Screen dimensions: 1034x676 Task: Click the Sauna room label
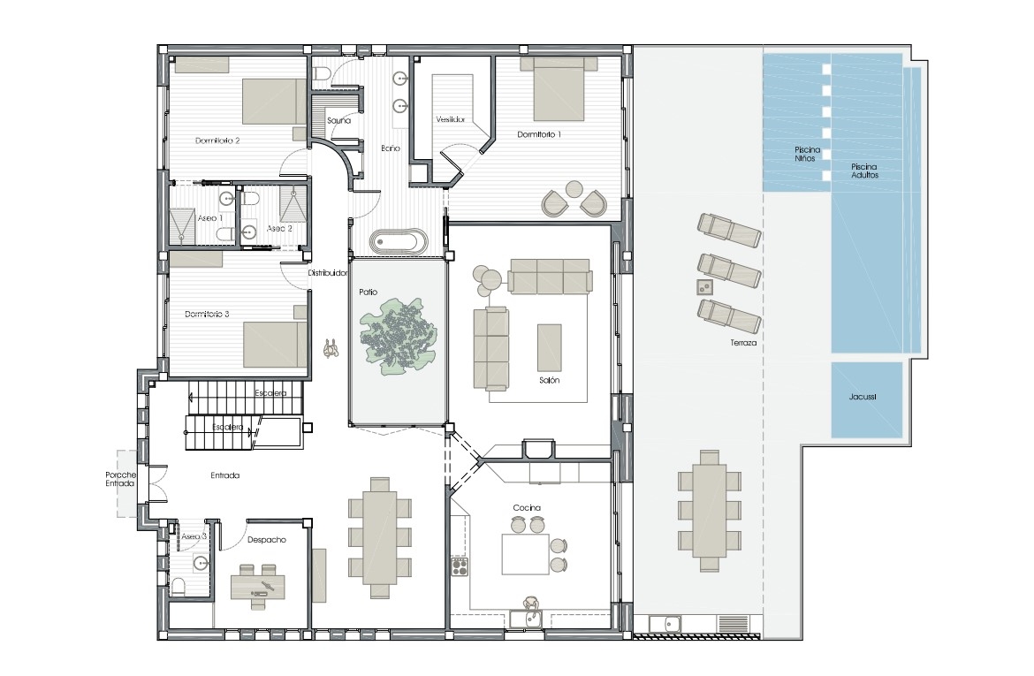339,121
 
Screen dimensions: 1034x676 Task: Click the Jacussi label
863,397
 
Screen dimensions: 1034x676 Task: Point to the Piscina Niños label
807,154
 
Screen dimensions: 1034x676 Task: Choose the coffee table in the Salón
550,347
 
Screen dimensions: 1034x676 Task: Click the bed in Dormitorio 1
559,89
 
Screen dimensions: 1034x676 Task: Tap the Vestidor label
451,119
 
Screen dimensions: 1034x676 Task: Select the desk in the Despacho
258,587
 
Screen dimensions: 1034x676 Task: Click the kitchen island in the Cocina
526,554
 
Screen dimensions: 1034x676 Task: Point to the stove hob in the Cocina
460,566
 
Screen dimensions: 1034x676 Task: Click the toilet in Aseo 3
178,587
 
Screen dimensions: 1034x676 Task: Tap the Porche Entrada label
121,479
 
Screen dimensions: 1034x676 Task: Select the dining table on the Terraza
710,511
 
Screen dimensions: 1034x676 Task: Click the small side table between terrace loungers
705,287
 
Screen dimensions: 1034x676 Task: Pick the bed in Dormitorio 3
275,345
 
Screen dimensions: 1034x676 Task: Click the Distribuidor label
328,273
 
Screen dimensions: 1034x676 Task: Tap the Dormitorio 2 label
217,141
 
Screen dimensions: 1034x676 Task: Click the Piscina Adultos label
864,171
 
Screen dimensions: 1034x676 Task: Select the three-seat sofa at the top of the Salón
550,276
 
